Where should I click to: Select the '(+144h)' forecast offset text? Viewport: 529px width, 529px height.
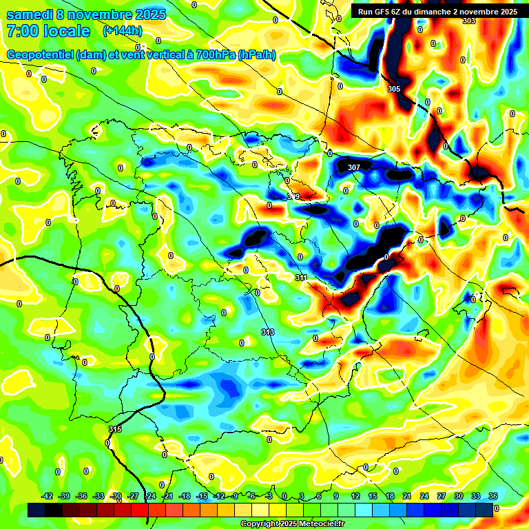(x=123, y=31)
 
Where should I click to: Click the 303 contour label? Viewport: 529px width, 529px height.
(x=468, y=21)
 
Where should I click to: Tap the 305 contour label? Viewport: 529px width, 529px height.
(x=393, y=90)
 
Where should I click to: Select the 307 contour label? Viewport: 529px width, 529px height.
(x=354, y=167)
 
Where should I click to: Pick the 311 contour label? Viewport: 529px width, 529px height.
(x=301, y=278)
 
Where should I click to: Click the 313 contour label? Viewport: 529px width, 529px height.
(x=268, y=333)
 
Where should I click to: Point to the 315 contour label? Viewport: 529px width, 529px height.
(x=115, y=429)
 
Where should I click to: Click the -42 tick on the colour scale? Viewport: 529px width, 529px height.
(x=48, y=496)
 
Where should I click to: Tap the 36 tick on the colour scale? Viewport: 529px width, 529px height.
(x=492, y=496)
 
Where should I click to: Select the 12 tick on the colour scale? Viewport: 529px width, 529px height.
(x=355, y=496)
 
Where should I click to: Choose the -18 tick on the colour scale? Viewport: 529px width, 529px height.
(x=185, y=496)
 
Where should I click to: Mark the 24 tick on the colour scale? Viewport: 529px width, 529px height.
(x=424, y=496)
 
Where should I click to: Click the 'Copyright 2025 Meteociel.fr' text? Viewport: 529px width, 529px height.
(x=293, y=523)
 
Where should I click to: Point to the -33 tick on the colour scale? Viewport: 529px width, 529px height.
(x=99, y=496)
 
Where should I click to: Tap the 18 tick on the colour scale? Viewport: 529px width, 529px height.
(x=389, y=496)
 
